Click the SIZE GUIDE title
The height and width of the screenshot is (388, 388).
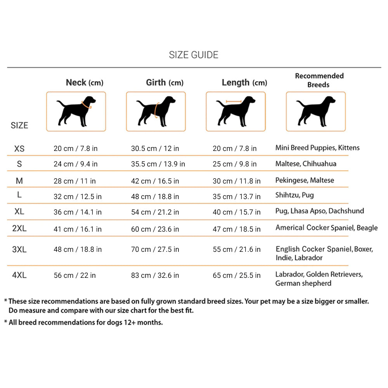point(193,55)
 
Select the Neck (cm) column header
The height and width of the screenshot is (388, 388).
point(84,82)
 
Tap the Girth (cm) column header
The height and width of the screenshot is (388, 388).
point(165,82)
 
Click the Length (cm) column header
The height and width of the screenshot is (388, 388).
point(244,82)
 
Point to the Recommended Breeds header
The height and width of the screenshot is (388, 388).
point(319,80)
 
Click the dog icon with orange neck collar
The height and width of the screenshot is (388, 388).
point(76,111)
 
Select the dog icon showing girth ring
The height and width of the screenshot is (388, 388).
point(156,111)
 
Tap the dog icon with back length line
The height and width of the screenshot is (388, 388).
point(236,111)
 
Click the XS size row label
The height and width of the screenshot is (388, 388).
point(19,149)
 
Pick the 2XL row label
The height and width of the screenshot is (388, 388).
point(19,229)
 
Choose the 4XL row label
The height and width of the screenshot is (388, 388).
point(19,275)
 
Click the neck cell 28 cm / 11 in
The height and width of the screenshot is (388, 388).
point(74,181)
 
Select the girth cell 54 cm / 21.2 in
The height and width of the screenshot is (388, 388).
point(155,212)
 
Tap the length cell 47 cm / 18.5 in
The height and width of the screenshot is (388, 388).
point(236,229)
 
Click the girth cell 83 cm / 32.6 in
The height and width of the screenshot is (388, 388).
point(155,275)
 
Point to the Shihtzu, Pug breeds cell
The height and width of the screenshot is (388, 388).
point(294,195)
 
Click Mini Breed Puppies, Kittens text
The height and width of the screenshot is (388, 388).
point(317,148)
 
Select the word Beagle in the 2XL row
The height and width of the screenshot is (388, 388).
point(367,228)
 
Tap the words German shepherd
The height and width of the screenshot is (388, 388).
point(303,283)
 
